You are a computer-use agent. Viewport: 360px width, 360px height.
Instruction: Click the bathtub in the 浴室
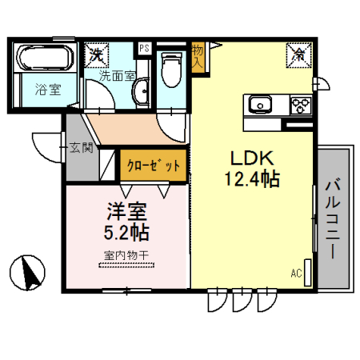pyautogui.click(x=46, y=59)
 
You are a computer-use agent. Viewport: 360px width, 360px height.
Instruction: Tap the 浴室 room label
pyautogui.click(x=45, y=90)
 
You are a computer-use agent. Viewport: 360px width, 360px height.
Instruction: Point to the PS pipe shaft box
pyautogui.click(x=144, y=48)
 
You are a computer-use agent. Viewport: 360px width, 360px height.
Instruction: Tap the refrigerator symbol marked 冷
pyautogui.click(x=298, y=54)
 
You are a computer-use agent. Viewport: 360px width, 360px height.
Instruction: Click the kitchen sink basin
pyautogui.click(x=262, y=105)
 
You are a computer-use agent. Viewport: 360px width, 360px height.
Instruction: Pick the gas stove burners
pyautogui.click(x=299, y=105)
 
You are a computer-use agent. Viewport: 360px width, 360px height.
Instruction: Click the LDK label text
pyautogui.click(x=249, y=158)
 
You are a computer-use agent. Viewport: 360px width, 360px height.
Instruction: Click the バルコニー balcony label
pyautogui.click(x=332, y=218)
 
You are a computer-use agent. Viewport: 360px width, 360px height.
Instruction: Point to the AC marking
pyautogui.click(x=296, y=274)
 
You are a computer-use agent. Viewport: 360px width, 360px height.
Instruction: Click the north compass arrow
pyautogui.click(x=30, y=272)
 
